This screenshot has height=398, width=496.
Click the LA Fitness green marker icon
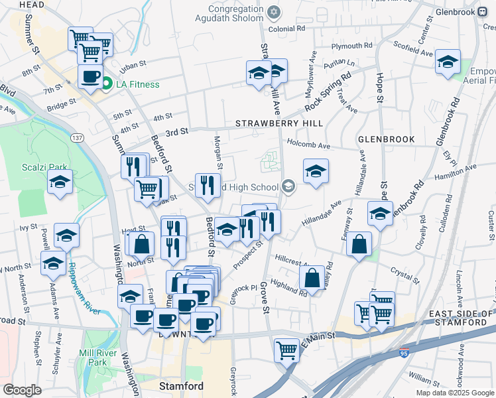pos(106,84)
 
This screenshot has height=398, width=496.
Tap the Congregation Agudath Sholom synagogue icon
pos(273,13)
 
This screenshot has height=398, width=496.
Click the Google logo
pos(22,389)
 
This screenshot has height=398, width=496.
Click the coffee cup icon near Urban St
pos(90,75)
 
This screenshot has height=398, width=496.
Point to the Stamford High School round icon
pos(288,186)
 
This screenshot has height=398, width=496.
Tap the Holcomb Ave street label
pos(308,145)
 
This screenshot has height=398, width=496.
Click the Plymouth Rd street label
pos(352,46)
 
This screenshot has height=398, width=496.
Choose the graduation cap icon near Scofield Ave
pos(448,61)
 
